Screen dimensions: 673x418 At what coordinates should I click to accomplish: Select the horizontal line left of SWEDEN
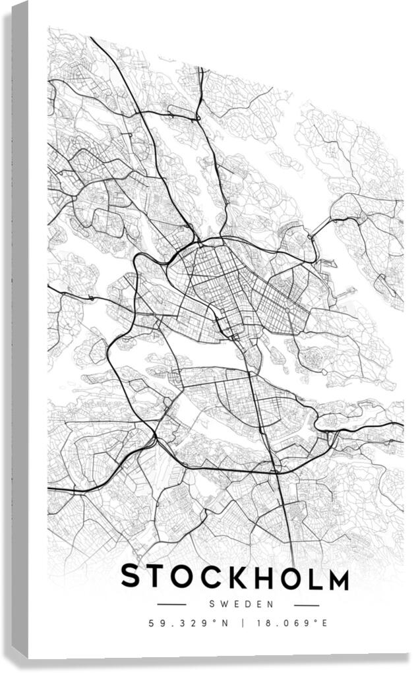(x=172, y=604)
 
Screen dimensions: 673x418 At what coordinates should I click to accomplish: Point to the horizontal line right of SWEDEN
(x=306, y=604)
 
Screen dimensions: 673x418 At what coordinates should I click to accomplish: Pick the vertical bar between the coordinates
(x=241, y=623)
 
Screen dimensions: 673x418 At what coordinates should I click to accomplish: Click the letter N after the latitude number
(x=224, y=623)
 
